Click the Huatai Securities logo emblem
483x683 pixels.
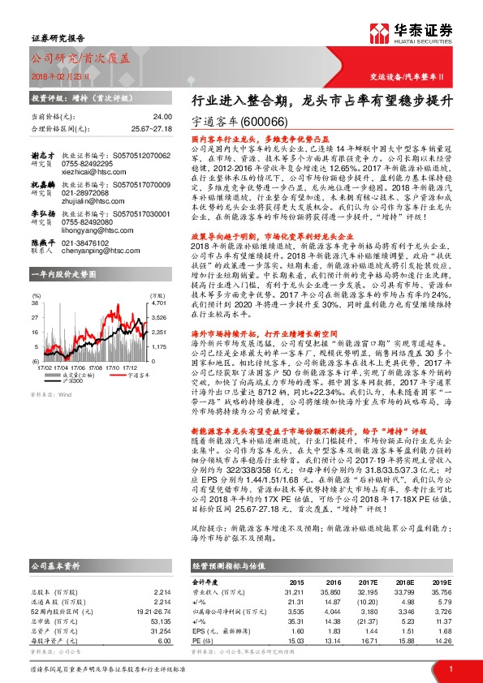click(x=380, y=33)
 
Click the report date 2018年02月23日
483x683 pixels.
click(x=55, y=74)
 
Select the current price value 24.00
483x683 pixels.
click(x=162, y=118)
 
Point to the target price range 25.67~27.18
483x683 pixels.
click(x=150, y=128)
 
